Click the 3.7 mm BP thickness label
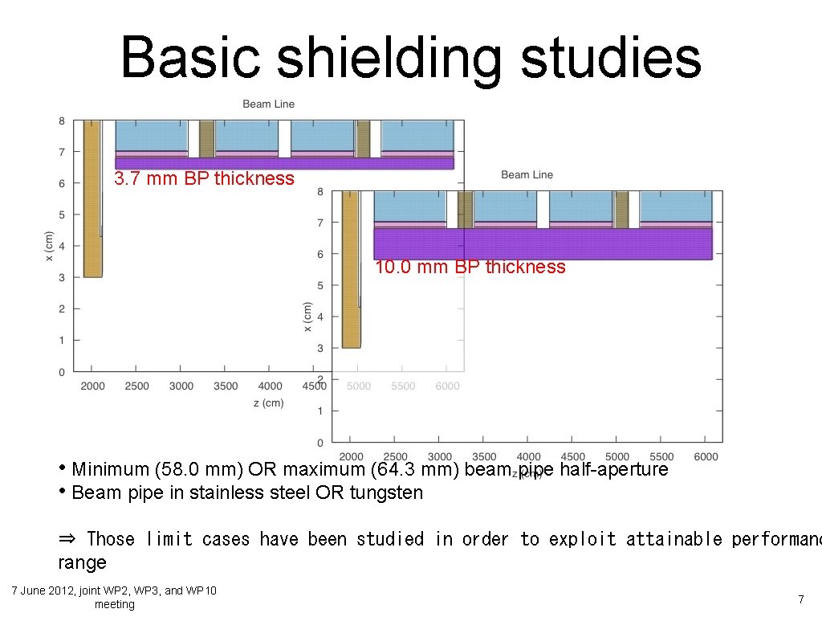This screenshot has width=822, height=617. [x=204, y=179]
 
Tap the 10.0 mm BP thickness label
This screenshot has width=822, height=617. [x=470, y=268]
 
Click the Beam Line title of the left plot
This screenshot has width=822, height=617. [x=268, y=104]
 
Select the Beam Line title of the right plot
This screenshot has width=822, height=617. [x=527, y=174]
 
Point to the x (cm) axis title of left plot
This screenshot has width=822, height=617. [x=50, y=246]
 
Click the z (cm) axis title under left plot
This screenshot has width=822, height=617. [x=268, y=402]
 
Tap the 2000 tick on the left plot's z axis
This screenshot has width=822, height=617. [x=92, y=386]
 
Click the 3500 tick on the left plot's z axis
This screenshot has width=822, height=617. [x=226, y=386]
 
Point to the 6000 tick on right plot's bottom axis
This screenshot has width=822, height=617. [x=705, y=456]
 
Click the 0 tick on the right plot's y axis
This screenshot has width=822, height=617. [x=320, y=443]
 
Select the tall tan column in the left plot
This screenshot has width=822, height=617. [x=92, y=198]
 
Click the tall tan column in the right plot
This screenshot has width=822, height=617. [x=351, y=269]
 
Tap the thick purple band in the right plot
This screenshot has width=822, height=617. [x=543, y=243]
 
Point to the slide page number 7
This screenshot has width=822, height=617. [x=800, y=599]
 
